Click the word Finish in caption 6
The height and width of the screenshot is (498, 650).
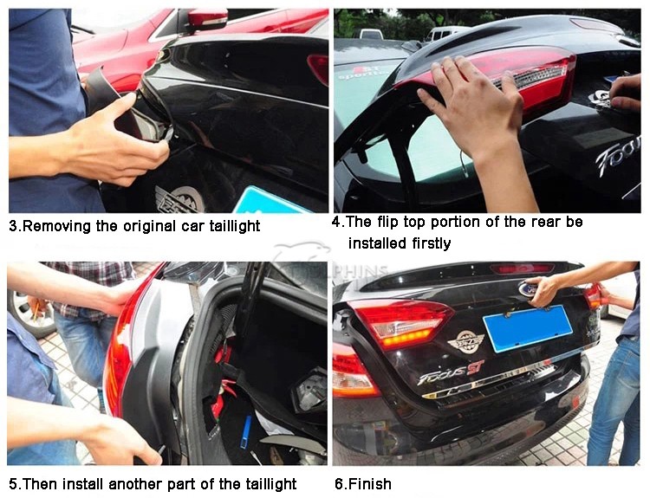coord(369,484)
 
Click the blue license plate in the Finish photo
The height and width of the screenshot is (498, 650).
coord(527,328)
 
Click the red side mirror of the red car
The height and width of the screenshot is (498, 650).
coord(206,18)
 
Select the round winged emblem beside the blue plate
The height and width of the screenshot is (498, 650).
coord(465,341)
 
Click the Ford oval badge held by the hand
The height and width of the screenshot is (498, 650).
coord(526,288)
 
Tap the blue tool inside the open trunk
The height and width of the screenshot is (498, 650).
coord(246,432)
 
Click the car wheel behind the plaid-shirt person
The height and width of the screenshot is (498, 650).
coord(29,314)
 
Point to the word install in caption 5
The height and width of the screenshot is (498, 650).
coord(84,484)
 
